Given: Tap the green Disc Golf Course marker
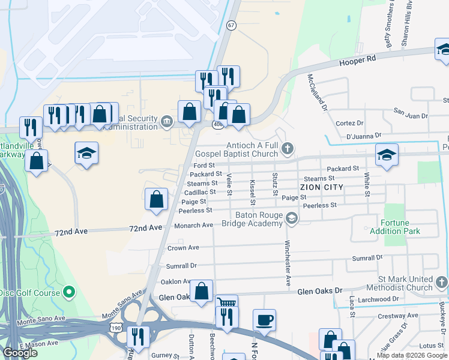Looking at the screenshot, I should pos(69,293).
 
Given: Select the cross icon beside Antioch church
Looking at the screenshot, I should pos(288,148).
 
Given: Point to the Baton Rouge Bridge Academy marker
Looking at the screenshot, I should pos(292,218).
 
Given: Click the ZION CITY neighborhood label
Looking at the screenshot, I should pos(321,187).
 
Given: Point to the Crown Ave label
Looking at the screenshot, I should pos(183,248).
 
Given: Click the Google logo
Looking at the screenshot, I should pos(20,353).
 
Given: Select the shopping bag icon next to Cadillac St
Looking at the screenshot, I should pos(157,198).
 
